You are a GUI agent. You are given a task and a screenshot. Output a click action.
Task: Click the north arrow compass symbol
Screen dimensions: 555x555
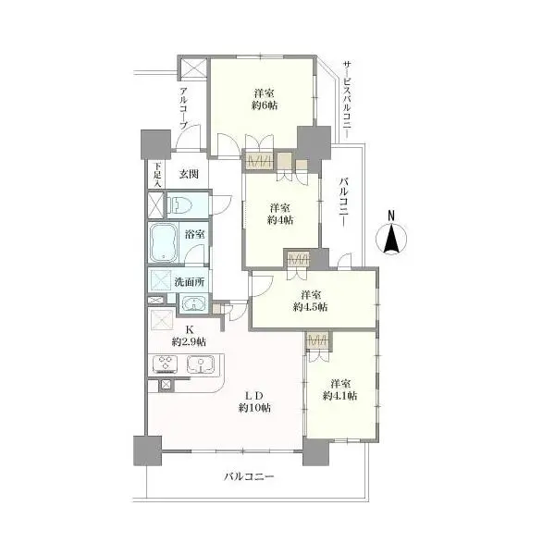[x=390, y=239]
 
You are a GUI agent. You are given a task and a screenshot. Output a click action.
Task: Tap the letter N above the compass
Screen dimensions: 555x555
[x=391, y=216]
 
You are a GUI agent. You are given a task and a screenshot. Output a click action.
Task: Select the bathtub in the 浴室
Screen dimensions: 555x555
[x=163, y=242]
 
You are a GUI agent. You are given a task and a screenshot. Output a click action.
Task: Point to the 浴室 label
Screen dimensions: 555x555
[x=195, y=234]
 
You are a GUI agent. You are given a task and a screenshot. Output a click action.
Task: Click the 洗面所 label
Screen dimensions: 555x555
[x=190, y=282]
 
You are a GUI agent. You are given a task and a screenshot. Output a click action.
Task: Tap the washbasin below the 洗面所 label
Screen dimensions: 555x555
[x=193, y=304]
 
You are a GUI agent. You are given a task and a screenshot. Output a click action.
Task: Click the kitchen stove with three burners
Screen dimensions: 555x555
[x=166, y=364]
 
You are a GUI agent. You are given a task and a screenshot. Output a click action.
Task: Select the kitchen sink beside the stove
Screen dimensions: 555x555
[x=201, y=364]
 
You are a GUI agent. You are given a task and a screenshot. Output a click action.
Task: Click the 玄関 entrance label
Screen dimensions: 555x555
[x=189, y=174]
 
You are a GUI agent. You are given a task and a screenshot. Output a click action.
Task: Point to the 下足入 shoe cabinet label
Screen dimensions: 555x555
[x=157, y=175]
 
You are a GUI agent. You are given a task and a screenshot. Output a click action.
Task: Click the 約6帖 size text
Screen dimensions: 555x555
[x=265, y=105]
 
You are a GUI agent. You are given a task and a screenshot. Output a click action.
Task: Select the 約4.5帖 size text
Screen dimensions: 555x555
[x=310, y=307]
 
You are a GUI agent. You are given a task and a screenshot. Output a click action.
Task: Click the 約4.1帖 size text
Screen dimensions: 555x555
[x=339, y=396]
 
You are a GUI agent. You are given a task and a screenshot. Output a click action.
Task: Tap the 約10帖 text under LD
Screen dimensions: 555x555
[x=255, y=408]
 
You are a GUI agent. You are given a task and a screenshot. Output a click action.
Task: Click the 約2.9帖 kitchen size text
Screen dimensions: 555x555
[x=189, y=342]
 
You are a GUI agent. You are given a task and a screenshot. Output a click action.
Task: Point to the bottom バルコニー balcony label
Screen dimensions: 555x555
[x=249, y=476]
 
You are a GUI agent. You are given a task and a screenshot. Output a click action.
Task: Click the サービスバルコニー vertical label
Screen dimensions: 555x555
[x=347, y=100]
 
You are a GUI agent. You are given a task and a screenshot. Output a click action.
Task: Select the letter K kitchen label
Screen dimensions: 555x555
[x=190, y=330]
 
